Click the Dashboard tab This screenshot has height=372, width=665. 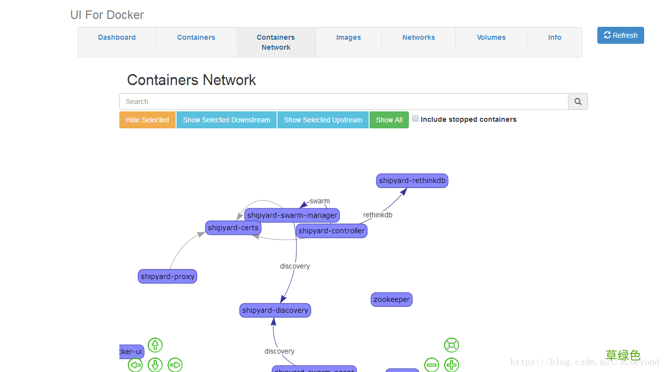click(x=117, y=37)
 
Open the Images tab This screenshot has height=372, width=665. click(x=348, y=37)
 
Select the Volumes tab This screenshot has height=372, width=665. click(x=491, y=37)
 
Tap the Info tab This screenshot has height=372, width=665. click(x=555, y=37)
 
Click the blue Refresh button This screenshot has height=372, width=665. click(x=620, y=35)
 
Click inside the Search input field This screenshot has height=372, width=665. click(x=343, y=101)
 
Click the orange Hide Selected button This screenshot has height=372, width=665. click(x=147, y=120)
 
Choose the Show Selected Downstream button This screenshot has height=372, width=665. click(x=226, y=120)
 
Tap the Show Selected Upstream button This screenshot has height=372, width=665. click(x=323, y=120)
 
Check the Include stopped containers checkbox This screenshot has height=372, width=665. click(x=415, y=119)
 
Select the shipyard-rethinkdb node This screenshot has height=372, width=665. click(x=412, y=181)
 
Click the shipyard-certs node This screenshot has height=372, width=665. click(x=233, y=228)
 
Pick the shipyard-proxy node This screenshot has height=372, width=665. click(x=167, y=277)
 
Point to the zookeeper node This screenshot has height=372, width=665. click(x=391, y=299)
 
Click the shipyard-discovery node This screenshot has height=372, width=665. click(x=275, y=310)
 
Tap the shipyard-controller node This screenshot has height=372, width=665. click(x=331, y=231)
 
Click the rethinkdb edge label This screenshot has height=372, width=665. click(x=378, y=215)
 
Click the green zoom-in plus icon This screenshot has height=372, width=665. click(x=451, y=365)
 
